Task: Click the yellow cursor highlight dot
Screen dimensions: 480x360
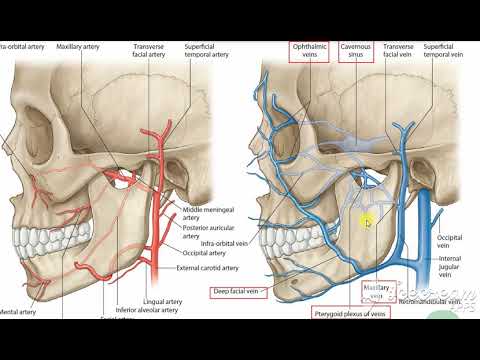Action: pos(368,223)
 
